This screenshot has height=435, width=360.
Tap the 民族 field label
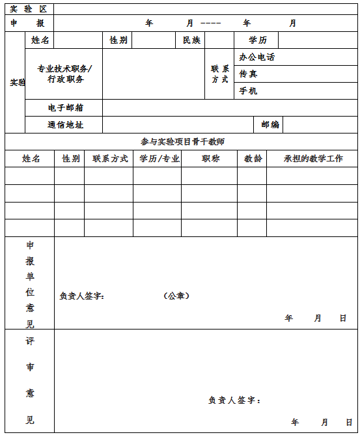pos(191,40)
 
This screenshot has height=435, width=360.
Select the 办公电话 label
pos(256,57)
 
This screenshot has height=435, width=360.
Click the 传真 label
pos(248,74)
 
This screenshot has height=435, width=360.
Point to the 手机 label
pos(248,91)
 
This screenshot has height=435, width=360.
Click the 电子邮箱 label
pos(66,107)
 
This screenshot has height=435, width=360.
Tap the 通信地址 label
pos(66,124)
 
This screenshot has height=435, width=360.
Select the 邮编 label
pos(270,124)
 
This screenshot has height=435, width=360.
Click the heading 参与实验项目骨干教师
pos(182,141)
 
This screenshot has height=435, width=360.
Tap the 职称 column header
pos(210,159)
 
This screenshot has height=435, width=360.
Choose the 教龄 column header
pos(253,159)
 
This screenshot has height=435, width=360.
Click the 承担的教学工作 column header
pos(313,159)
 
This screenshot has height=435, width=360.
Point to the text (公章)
pos(176,296)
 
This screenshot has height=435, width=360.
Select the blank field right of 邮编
pos(320,124)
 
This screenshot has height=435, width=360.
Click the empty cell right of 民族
pos(219,40)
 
